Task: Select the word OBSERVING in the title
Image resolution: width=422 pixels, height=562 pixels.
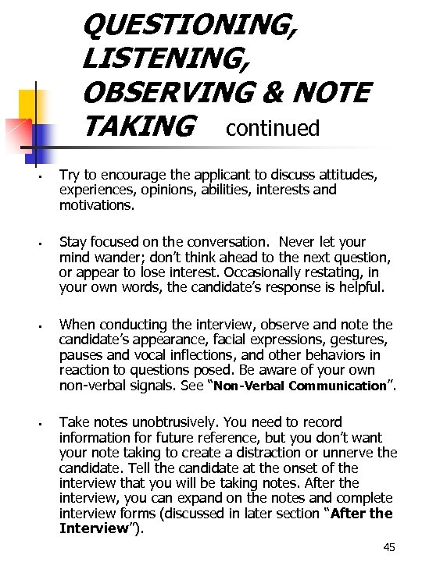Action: [x=181, y=91]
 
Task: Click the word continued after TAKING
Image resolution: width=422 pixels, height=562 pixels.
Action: [x=273, y=127]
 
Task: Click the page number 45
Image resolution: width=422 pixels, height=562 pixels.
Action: [x=389, y=547]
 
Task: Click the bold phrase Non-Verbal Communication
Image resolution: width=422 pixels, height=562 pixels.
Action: [x=300, y=386]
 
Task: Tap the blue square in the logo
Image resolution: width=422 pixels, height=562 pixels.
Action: [x=41, y=136]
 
